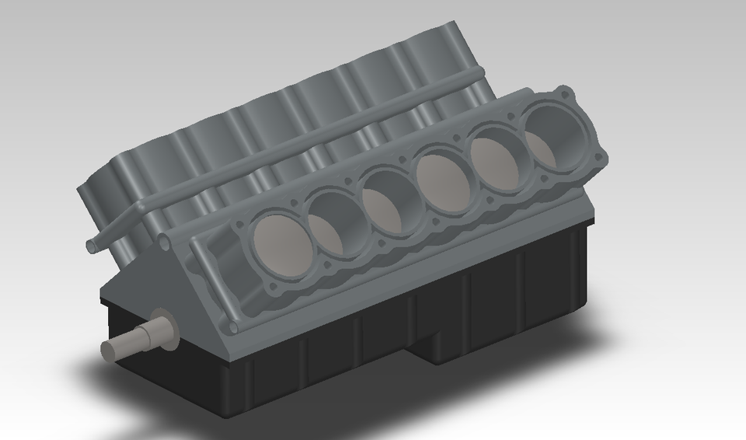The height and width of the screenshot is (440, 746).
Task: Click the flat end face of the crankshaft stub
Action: pos(110,351)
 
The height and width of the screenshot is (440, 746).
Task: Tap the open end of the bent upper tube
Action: pos(92,246)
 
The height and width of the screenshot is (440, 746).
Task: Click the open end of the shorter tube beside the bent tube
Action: pos(165,242)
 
